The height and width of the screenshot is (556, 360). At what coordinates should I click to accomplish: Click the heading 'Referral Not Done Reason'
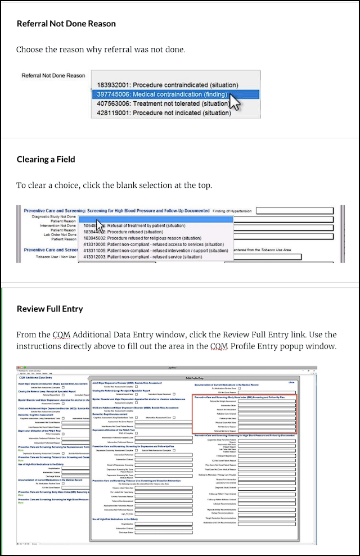pos(66,24)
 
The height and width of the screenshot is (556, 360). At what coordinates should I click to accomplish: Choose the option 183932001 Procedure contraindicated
pos(168,85)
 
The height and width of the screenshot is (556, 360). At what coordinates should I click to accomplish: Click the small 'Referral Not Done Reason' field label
pos(53,75)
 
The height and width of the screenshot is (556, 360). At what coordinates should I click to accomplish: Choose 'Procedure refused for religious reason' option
pos(150,238)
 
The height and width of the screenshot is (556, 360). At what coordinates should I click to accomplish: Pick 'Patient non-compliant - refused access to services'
pos(154,245)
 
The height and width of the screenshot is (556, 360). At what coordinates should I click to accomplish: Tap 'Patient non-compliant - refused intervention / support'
pos(154,251)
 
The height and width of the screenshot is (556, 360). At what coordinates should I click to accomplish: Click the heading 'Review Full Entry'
pos(50,309)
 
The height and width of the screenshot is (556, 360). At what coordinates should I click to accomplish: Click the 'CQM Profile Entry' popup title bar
pos(193,378)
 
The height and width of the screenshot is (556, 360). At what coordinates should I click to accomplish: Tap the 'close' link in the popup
pos(291,382)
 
